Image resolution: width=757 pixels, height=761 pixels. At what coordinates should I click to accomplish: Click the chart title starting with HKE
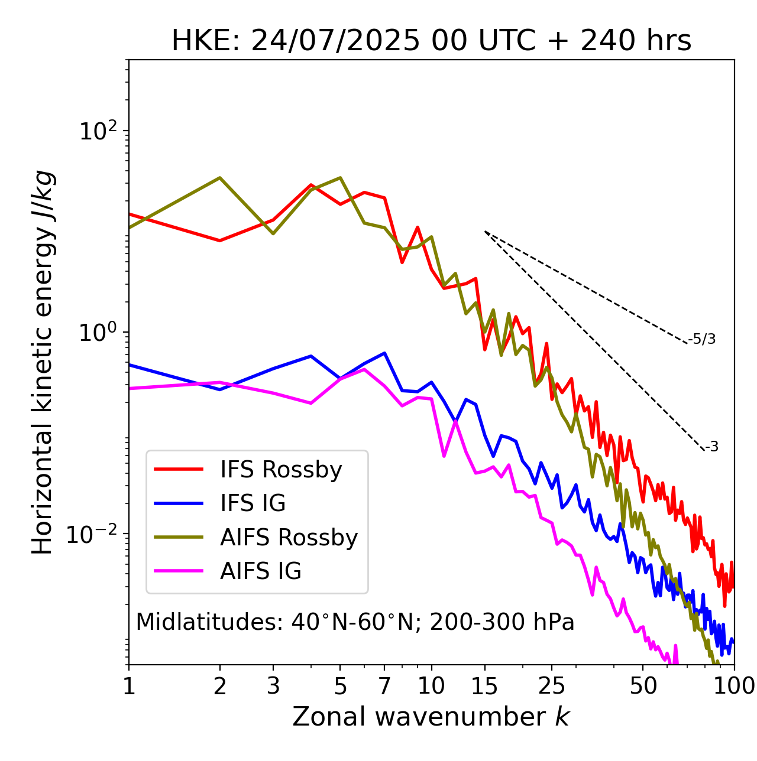(x=431, y=41)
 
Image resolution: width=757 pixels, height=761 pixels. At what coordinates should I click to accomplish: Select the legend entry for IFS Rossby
(x=281, y=470)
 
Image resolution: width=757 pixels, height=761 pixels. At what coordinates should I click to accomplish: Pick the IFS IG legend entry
(x=253, y=503)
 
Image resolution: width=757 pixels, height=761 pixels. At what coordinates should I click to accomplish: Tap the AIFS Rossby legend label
(x=289, y=538)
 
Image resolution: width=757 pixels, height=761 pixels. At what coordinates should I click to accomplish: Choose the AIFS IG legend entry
(x=260, y=571)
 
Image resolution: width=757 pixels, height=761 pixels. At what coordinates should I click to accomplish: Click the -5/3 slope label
(x=702, y=339)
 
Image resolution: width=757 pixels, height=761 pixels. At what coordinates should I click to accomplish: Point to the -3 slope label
(x=711, y=447)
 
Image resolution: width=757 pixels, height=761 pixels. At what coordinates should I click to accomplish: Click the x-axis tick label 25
(x=551, y=686)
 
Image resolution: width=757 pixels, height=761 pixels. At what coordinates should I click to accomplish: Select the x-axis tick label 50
(x=643, y=686)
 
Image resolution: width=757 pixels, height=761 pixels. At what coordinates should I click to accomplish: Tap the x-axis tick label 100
(x=733, y=686)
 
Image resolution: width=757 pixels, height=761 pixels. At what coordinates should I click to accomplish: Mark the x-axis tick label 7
(x=384, y=686)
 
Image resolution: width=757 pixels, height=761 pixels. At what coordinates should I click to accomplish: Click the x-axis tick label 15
(x=484, y=686)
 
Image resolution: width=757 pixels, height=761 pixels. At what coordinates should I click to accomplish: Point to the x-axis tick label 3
(x=273, y=686)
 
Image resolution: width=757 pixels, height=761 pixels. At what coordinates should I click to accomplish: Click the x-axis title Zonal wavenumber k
(x=431, y=717)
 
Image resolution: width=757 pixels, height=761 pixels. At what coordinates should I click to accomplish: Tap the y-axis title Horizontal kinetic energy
(x=43, y=362)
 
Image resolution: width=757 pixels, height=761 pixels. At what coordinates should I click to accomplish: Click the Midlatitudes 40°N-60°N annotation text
(x=355, y=622)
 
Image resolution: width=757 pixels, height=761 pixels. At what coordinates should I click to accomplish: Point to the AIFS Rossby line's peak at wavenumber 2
(x=220, y=178)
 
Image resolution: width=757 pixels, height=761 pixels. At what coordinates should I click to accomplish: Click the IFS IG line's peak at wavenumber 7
(x=385, y=353)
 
